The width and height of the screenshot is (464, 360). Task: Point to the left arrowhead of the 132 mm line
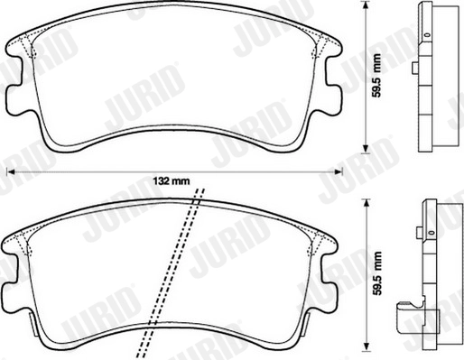(x=12, y=172)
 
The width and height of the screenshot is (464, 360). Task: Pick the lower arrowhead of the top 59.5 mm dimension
(x=366, y=149)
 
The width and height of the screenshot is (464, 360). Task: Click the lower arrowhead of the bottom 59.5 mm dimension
(x=366, y=344)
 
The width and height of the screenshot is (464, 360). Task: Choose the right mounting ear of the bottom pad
(x=332, y=274)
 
